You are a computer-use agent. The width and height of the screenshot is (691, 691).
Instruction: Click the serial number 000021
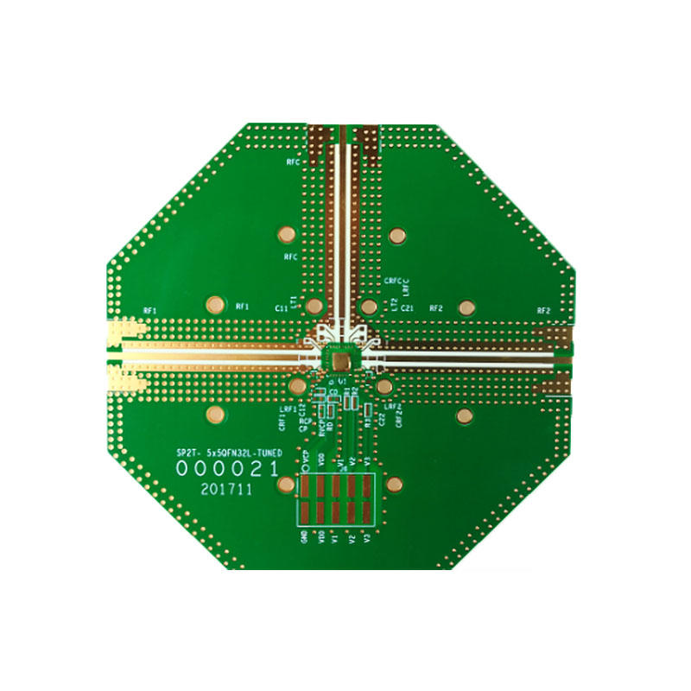[227, 468]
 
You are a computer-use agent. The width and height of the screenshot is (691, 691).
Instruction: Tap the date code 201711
[225, 489]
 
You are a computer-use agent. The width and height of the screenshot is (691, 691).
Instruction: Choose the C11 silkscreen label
[282, 307]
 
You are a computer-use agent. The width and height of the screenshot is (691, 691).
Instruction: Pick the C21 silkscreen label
[409, 307]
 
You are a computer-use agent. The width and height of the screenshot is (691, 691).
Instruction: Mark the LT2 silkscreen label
[395, 304]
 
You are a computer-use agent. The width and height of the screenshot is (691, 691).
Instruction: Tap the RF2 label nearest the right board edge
[543, 310]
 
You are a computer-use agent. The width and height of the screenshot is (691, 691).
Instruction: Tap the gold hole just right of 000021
[284, 484]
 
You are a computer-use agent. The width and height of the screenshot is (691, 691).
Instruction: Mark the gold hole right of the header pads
[395, 484]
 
